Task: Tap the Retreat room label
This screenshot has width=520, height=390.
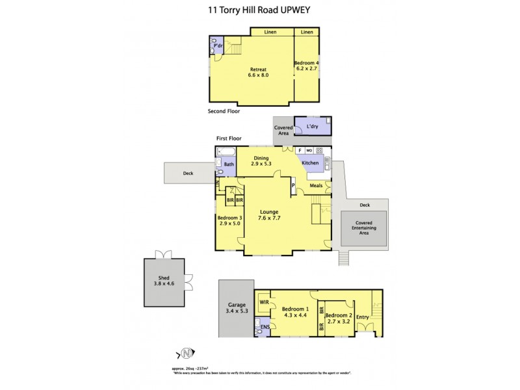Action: click(258, 71)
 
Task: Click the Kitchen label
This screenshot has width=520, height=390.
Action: click(311, 163)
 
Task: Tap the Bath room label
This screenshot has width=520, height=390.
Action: click(229, 164)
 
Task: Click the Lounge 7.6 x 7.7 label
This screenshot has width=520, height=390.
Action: click(269, 214)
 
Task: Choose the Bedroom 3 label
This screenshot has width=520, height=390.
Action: click(229, 220)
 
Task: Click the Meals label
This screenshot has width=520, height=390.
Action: click(316, 186)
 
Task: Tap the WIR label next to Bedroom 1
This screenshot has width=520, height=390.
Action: click(264, 302)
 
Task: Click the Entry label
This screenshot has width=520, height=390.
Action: click(363, 317)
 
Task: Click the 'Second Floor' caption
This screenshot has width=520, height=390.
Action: click(224, 111)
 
